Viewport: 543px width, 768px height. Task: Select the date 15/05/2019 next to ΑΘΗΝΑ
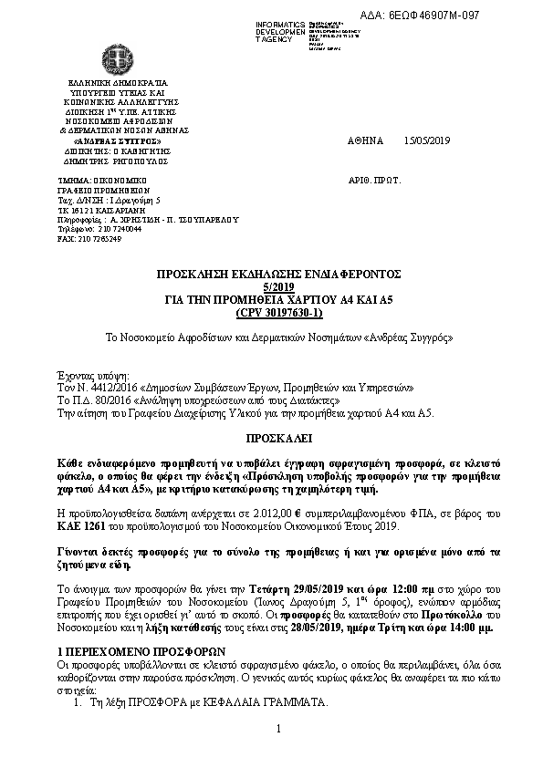pos(427,141)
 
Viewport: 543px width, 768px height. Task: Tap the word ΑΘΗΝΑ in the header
pos(367,141)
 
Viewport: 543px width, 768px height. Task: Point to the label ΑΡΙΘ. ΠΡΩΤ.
pos(374,182)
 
